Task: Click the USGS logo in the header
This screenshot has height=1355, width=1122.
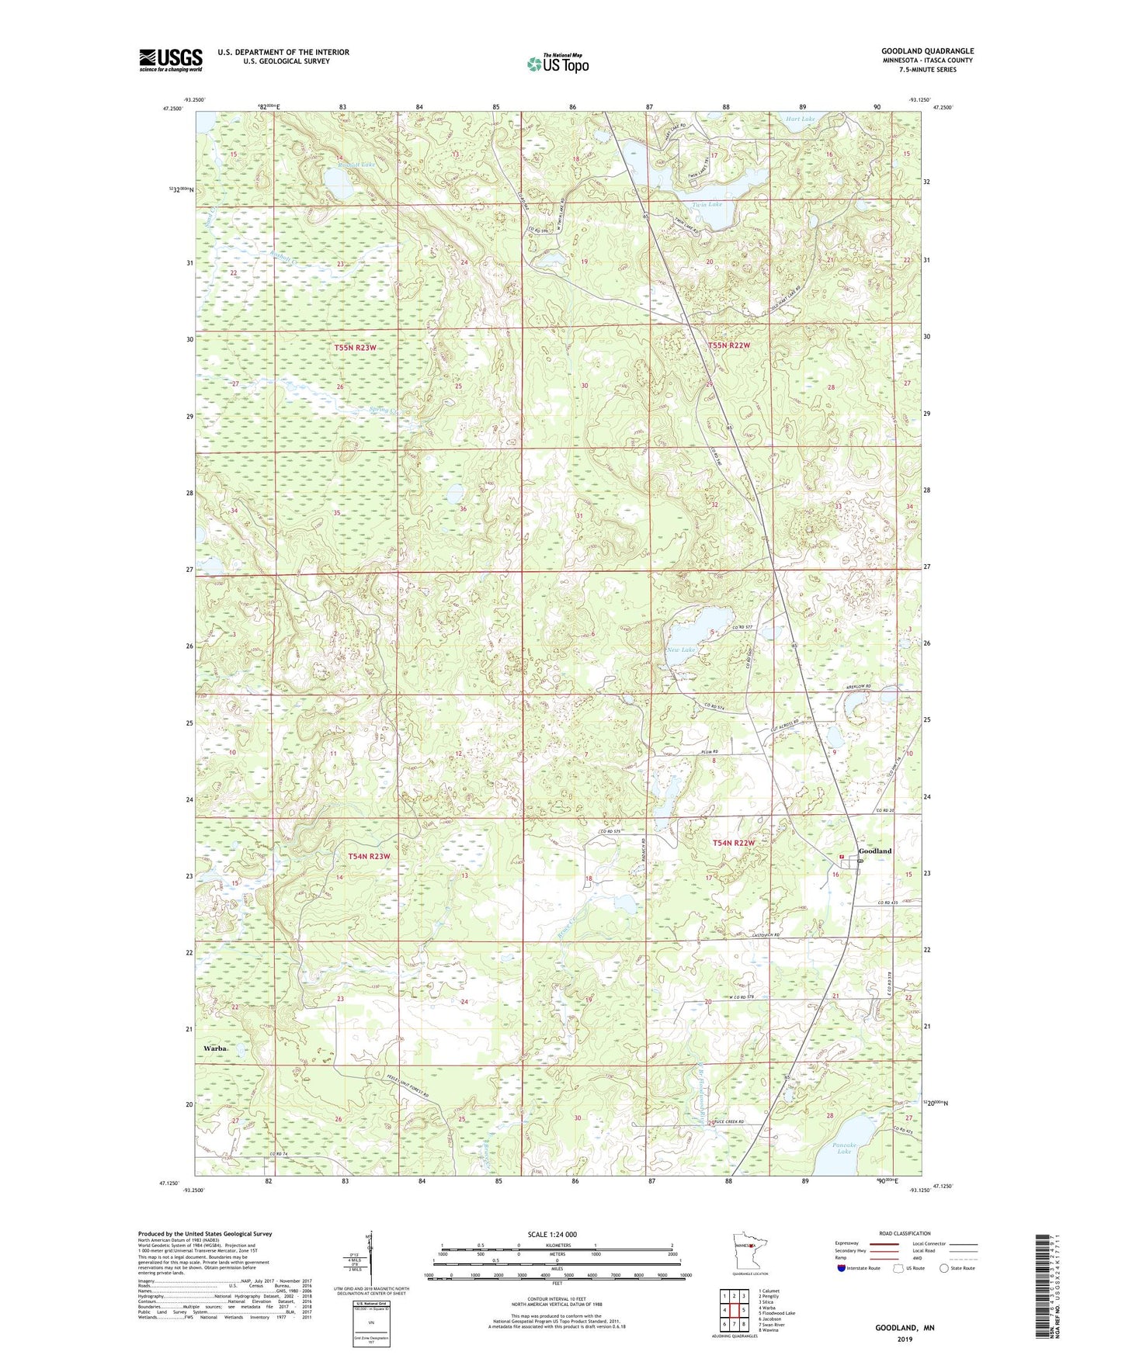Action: (170, 60)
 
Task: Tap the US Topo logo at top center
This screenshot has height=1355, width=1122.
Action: (558, 63)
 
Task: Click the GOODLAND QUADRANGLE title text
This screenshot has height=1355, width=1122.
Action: (927, 51)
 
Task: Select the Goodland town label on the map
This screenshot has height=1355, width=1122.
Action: (875, 851)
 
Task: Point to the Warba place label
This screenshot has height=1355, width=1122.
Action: (215, 1048)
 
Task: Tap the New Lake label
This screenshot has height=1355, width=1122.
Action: (681, 650)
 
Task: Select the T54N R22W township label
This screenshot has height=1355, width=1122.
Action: (734, 842)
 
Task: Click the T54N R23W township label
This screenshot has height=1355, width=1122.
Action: (368, 856)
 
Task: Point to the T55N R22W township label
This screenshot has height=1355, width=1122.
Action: (728, 345)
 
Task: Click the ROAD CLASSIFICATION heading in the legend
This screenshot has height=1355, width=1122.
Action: (905, 1233)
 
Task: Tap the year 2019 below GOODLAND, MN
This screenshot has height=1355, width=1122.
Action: (905, 1339)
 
